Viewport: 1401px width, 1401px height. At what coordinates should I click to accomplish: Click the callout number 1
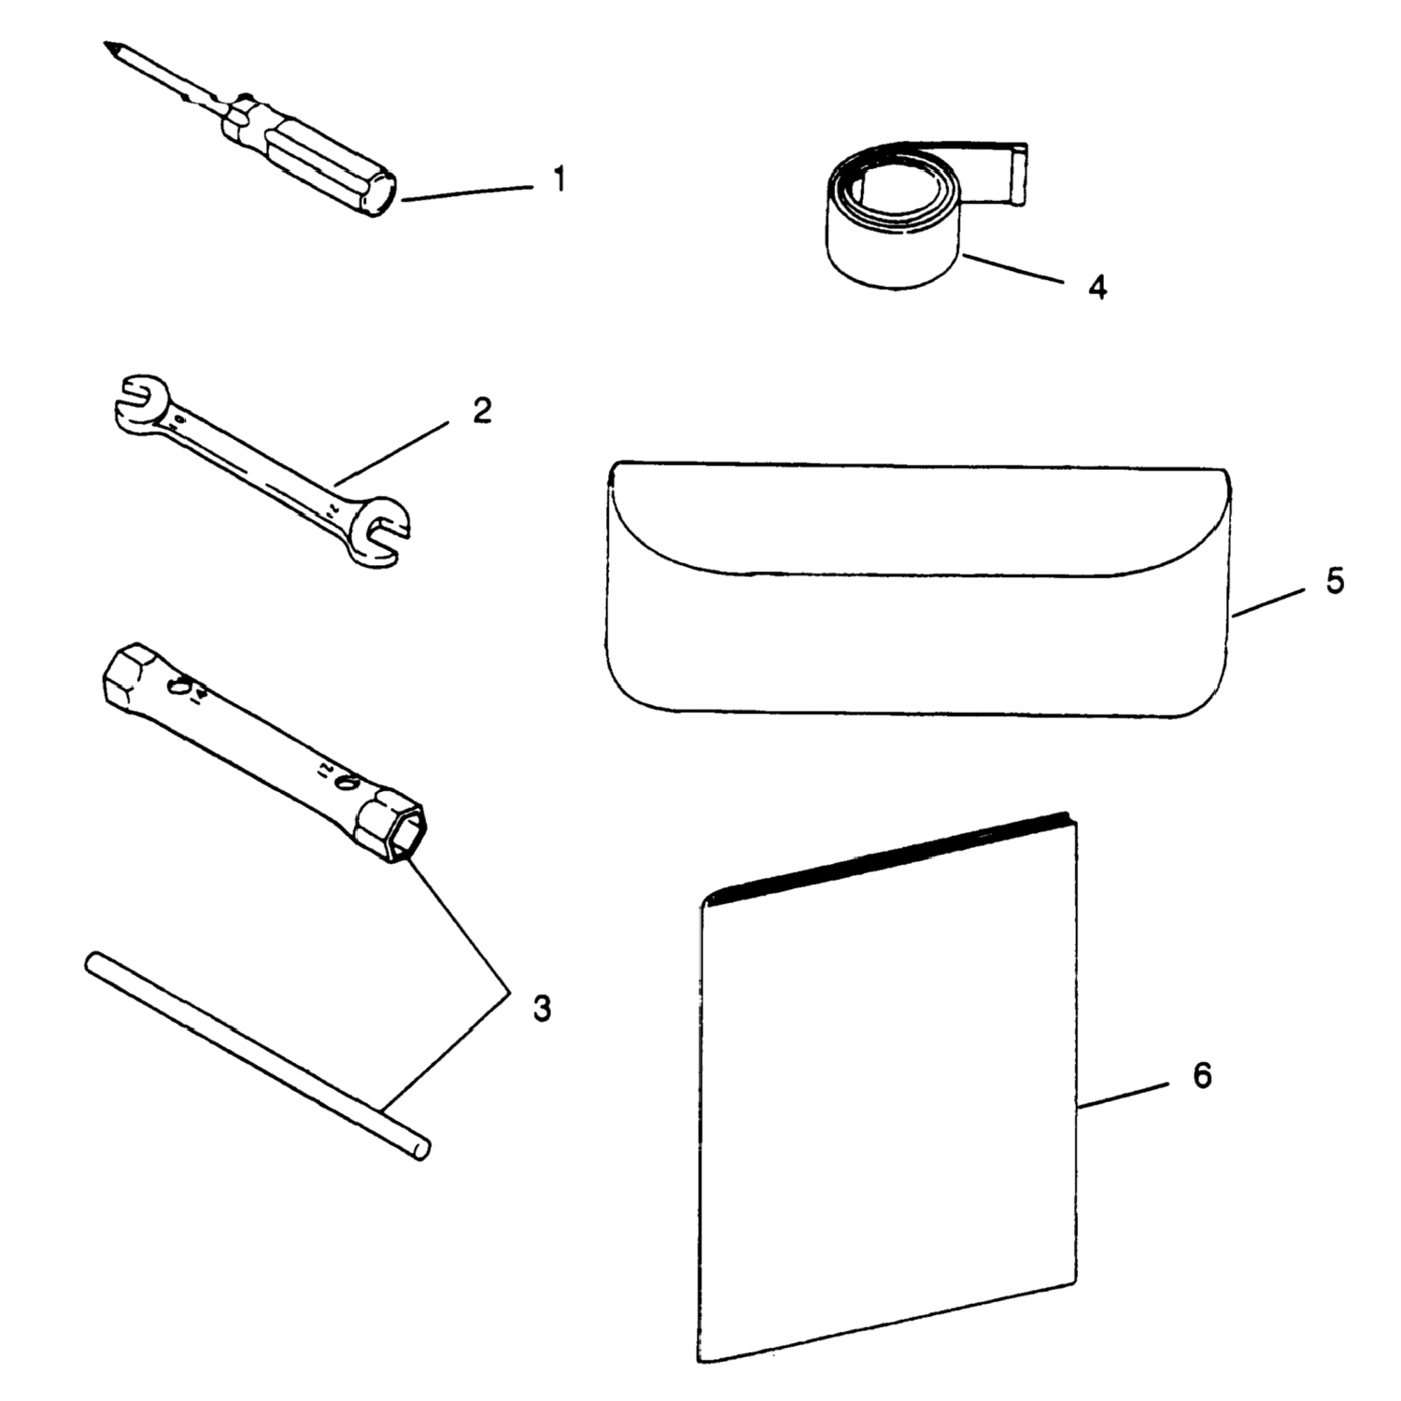(559, 178)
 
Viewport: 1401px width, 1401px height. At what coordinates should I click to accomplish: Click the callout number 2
(482, 410)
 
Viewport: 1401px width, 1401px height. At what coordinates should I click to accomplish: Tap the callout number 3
(542, 1008)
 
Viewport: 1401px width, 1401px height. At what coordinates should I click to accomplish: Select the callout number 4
(1098, 287)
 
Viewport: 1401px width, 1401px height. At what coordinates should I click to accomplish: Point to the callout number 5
(1335, 581)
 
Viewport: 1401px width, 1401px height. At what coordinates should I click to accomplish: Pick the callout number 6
(1202, 1076)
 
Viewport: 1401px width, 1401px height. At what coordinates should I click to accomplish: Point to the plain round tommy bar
(258, 1055)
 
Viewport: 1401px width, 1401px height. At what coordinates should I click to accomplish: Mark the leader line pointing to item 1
(468, 191)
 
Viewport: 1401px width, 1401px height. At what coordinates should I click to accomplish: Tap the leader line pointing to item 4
(1013, 267)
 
